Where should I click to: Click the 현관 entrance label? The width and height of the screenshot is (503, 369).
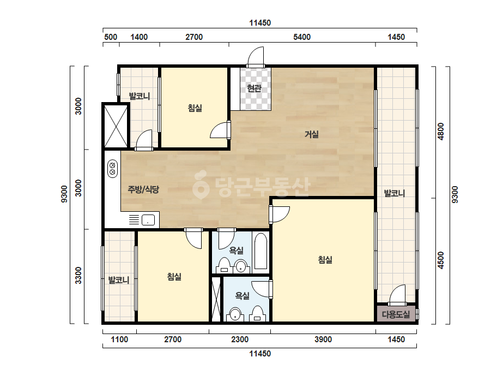(254, 88)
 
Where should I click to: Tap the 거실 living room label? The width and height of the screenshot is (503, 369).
(312, 134)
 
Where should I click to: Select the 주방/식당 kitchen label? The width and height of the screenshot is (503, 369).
(143, 189)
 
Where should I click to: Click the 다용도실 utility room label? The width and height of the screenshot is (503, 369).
(396, 314)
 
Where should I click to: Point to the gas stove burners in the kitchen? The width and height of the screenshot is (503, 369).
(112, 169)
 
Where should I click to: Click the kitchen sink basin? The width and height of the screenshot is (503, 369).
(148, 220)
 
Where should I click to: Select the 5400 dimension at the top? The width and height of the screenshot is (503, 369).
(302, 37)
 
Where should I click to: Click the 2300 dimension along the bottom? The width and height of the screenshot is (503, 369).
(240, 340)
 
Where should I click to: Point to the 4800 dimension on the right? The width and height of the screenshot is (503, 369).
(441, 132)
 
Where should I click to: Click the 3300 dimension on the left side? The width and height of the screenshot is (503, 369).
(78, 276)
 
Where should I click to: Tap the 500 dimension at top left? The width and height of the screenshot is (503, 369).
(111, 37)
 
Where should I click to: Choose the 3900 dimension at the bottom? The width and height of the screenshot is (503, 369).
(323, 340)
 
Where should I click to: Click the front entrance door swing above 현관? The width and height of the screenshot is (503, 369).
(256, 57)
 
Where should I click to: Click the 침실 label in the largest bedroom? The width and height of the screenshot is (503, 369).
(325, 259)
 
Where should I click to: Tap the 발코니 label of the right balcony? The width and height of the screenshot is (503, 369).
(394, 193)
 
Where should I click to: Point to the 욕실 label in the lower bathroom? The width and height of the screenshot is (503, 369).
(242, 295)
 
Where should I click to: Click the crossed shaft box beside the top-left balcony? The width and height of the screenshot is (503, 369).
(116, 126)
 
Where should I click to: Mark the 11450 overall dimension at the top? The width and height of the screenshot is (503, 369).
(260, 23)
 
